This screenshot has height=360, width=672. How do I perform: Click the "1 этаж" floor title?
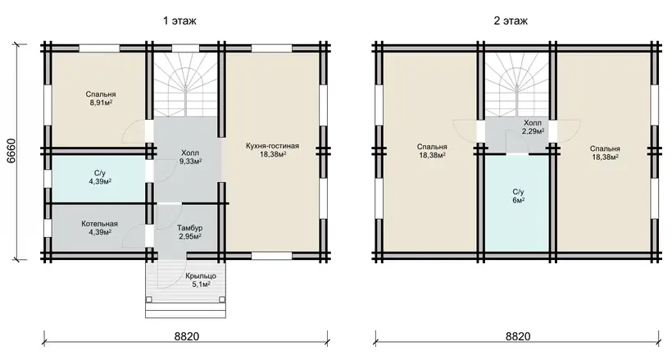179,21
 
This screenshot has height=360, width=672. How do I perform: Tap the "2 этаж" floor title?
511,21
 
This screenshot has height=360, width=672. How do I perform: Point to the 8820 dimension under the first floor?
187,336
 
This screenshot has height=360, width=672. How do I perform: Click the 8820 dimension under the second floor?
518,336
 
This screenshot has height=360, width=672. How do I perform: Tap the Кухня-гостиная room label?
273,146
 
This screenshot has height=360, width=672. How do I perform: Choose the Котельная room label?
99,224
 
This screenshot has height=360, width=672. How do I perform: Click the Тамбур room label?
190,228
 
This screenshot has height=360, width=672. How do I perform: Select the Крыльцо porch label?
201,276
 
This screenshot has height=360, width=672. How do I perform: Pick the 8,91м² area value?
101,103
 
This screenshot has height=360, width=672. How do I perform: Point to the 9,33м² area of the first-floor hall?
190,161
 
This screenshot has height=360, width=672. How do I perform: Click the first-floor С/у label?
99,173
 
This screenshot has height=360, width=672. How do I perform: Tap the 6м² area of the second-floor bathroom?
518,200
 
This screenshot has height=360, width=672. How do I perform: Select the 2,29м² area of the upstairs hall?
534,131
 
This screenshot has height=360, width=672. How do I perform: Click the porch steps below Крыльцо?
185,308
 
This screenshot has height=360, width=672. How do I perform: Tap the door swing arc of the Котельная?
132,235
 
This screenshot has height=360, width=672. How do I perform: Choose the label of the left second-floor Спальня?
432,147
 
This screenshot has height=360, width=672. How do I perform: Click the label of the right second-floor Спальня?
605,149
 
